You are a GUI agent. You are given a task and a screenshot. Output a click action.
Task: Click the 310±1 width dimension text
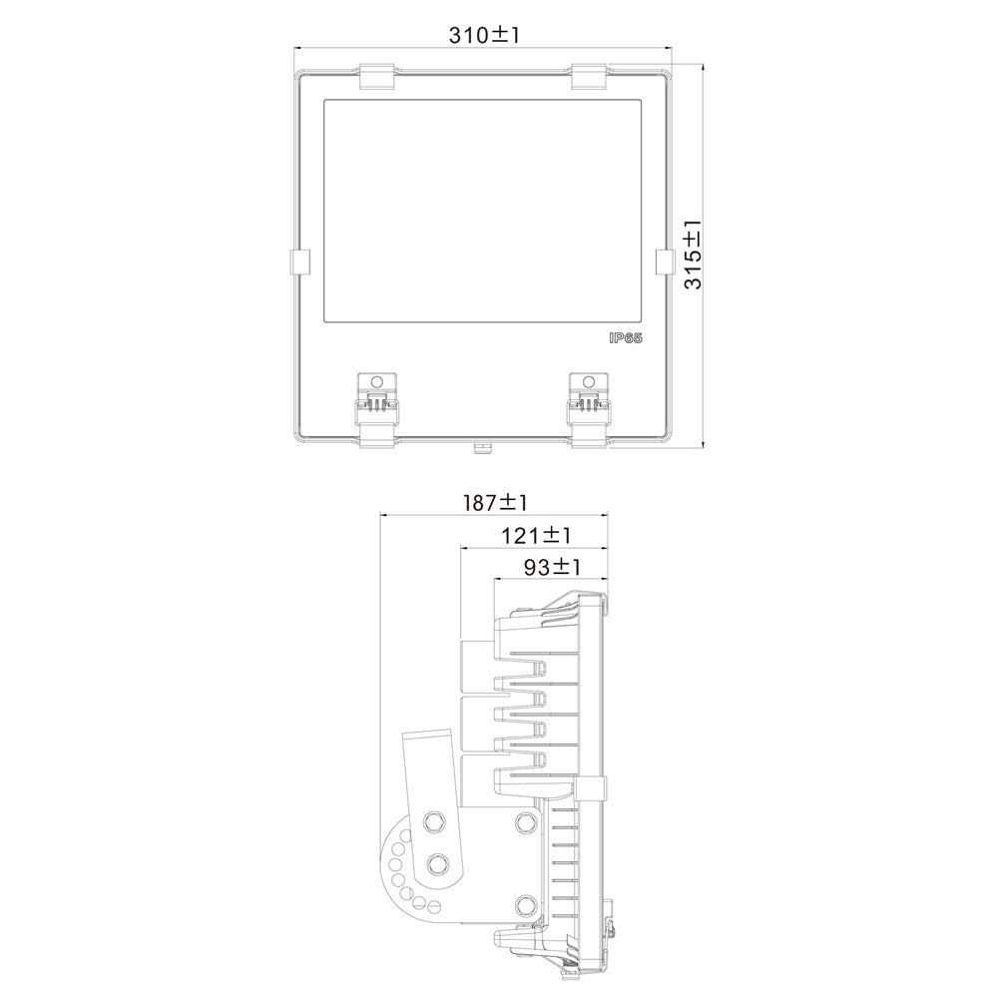coord(484,34)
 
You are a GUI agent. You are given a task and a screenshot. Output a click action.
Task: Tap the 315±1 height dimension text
coord(693,254)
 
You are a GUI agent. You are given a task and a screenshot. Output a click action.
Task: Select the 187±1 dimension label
coord(495,503)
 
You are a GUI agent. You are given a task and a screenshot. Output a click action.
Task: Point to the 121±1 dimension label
coord(535,536)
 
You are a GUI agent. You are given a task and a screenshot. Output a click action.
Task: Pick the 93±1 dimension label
coord(552,567)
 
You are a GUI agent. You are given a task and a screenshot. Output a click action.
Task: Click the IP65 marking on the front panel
coord(625,337)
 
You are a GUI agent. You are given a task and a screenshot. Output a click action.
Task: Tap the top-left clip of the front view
coord(377,77)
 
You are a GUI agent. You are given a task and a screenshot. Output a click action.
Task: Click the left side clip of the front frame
coord(299,261)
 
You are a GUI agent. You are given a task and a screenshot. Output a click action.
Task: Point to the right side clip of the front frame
coord(665,261)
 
